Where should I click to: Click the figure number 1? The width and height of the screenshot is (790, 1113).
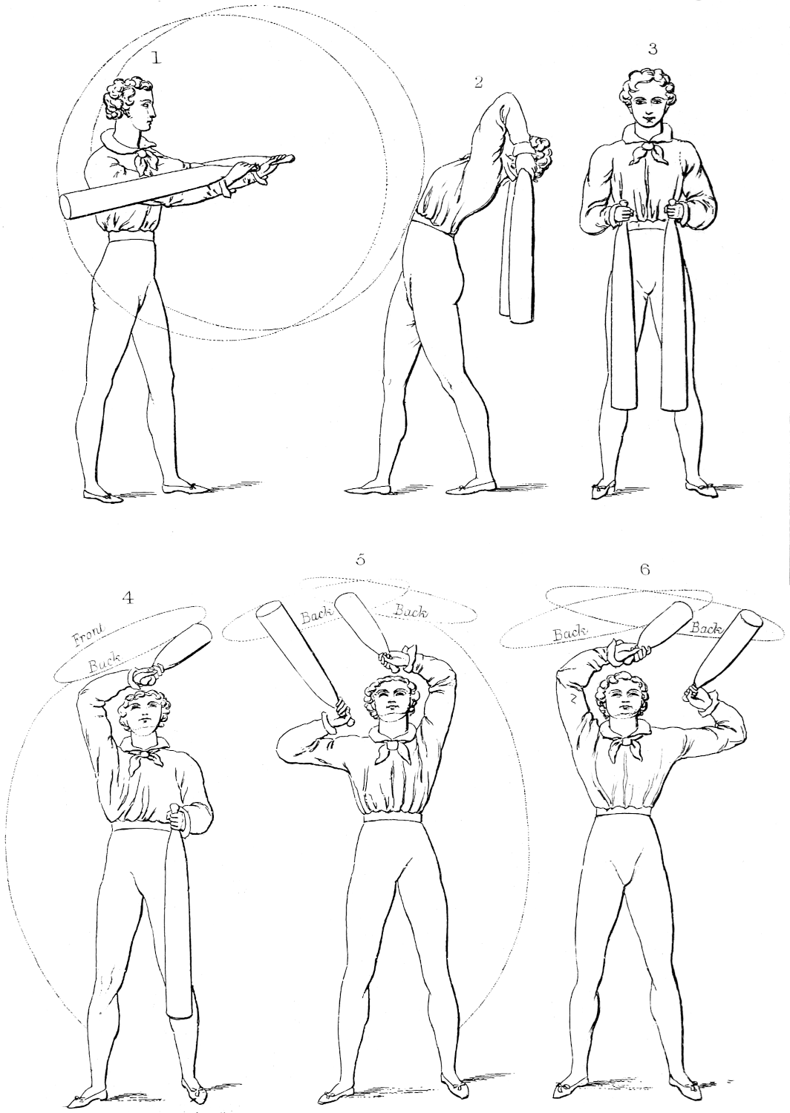157,58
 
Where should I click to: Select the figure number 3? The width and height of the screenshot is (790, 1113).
653,49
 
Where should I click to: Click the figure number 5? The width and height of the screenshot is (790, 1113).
361,559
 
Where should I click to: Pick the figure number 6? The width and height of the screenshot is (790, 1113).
644,569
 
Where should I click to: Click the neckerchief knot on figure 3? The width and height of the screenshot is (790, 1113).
647,147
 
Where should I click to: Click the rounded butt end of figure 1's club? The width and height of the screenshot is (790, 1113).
69,207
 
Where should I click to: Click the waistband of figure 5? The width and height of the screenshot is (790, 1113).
392,817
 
